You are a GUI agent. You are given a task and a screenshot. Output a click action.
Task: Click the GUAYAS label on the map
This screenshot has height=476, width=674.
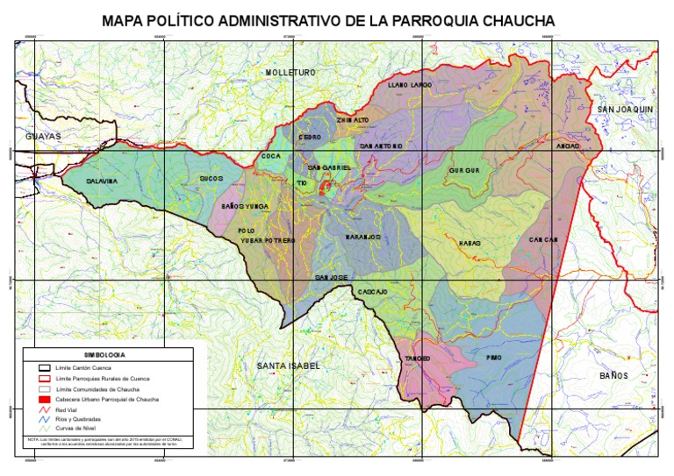pos(42,138)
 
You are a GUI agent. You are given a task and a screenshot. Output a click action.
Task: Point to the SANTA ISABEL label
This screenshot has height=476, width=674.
pos(288,365)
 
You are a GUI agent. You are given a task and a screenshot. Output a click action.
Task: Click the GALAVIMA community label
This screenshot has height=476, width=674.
pos(102,181)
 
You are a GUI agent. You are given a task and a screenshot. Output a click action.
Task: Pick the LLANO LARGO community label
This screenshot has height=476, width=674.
pos(410,85)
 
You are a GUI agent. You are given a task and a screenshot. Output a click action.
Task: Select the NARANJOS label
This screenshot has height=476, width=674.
pos(362,237)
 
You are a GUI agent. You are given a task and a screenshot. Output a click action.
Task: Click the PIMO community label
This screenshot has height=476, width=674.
pos(492,358)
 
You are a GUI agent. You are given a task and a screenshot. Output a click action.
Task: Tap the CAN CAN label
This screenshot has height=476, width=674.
pos(544,240)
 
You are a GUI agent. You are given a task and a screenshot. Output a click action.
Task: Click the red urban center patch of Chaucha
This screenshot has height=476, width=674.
pos(325,186)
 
